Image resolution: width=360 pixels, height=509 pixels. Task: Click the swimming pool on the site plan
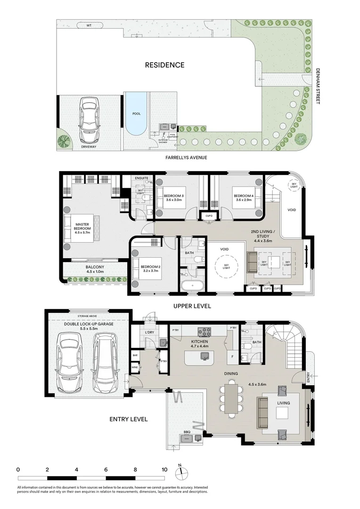point(136,114)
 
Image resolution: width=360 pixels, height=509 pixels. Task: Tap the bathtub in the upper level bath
point(191,286)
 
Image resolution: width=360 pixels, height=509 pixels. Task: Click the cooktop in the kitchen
point(206,331)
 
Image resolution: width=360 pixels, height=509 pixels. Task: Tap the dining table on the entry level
point(231,399)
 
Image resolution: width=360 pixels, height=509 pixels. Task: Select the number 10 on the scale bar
point(164,469)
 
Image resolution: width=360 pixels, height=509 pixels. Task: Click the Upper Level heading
point(192,306)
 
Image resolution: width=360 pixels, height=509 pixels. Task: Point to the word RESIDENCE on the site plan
point(164,65)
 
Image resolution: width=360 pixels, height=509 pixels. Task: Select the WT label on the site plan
point(89,25)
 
